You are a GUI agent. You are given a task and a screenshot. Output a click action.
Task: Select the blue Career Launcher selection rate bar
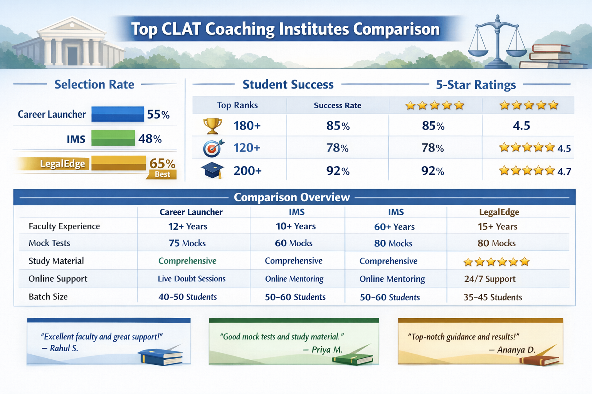[x=118, y=114]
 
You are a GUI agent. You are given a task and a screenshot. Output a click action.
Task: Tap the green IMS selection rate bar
[x=113, y=138]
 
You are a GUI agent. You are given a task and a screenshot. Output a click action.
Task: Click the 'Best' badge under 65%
[x=162, y=174]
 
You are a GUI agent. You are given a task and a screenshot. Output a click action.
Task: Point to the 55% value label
[x=158, y=115]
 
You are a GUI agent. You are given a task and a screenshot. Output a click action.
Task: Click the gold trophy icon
[x=212, y=126]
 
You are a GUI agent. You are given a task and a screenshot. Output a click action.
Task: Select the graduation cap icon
[x=212, y=170]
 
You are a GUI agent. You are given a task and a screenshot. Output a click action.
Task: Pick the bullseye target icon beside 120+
[x=213, y=148]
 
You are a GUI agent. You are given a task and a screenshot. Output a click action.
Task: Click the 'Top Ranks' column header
[x=237, y=105]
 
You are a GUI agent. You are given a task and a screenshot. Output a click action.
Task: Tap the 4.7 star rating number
[x=564, y=172]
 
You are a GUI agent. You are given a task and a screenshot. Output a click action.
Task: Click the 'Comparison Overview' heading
[x=292, y=197]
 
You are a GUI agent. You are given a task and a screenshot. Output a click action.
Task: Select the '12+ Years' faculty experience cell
[x=188, y=227]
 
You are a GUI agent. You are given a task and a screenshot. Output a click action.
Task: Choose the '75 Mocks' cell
[x=187, y=243]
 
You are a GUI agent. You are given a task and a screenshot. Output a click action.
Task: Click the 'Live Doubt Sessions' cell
[x=192, y=279]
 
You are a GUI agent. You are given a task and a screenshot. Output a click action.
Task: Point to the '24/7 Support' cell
[x=489, y=279]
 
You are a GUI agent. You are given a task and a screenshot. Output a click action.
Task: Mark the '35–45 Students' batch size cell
[x=493, y=297]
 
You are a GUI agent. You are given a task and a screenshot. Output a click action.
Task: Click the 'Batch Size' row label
[x=48, y=297]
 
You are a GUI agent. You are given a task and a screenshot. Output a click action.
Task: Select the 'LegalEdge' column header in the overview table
[x=499, y=212]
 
